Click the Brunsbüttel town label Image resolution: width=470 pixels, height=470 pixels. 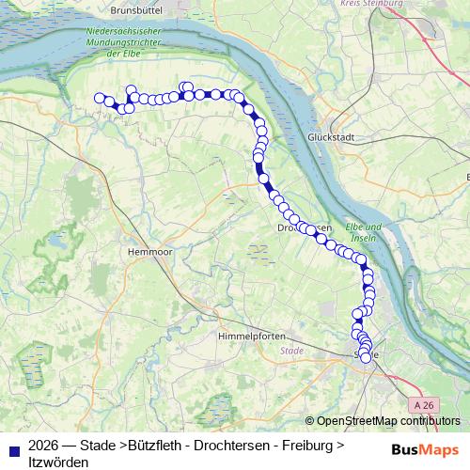point(137,10)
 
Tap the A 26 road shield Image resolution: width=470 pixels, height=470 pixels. point(425,404)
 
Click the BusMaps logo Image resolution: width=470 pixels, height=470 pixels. point(418,447)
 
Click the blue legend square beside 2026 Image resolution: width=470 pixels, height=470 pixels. point(13,446)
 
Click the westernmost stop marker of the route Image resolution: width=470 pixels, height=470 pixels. point(99,98)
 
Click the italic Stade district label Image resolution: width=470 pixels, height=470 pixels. point(292,351)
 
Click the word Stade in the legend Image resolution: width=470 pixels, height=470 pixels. point(98,446)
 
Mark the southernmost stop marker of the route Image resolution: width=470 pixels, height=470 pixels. point(366,358)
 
